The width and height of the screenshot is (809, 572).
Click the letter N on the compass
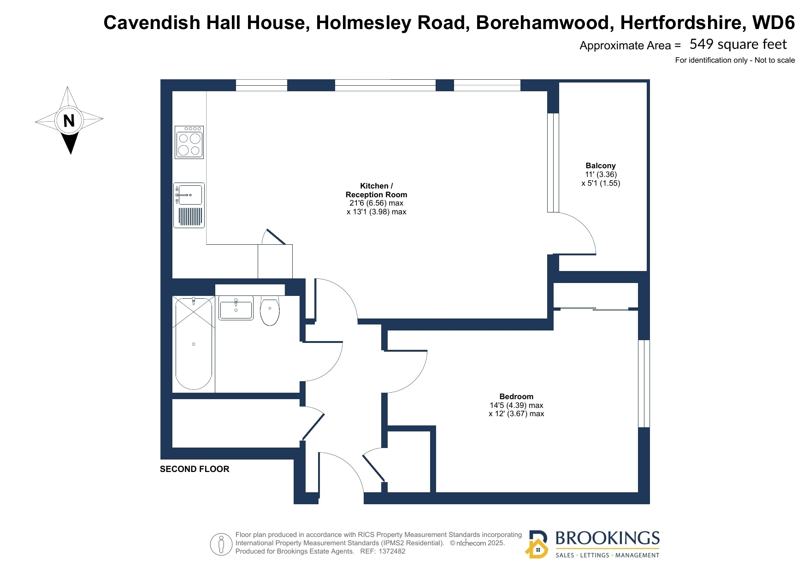tap(69, 121)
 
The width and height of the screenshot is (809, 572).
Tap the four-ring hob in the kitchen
tap(189, 142)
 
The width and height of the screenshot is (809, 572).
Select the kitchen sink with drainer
tap(189, 205)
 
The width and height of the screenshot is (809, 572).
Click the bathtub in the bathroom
tap(194, 343)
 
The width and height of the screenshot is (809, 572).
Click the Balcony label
tap(601, 165)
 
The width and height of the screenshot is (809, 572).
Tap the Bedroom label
tap(516, 396)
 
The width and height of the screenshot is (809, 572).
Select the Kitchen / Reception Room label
tap(377, 190)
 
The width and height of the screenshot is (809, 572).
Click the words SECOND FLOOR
tap(195, 469)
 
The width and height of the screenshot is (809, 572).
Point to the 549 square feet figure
tap(738, 44)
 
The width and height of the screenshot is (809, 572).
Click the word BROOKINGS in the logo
tap(608, 538)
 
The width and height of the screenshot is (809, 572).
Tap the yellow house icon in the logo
tap(537, 548)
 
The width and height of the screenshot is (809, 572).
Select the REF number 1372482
tap(392, 551)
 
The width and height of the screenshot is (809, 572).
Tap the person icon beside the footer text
tap(221, 544)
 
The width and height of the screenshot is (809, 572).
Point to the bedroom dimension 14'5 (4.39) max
tap(516, 405)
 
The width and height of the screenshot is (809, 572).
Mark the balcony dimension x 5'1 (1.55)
tap(601, 183)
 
